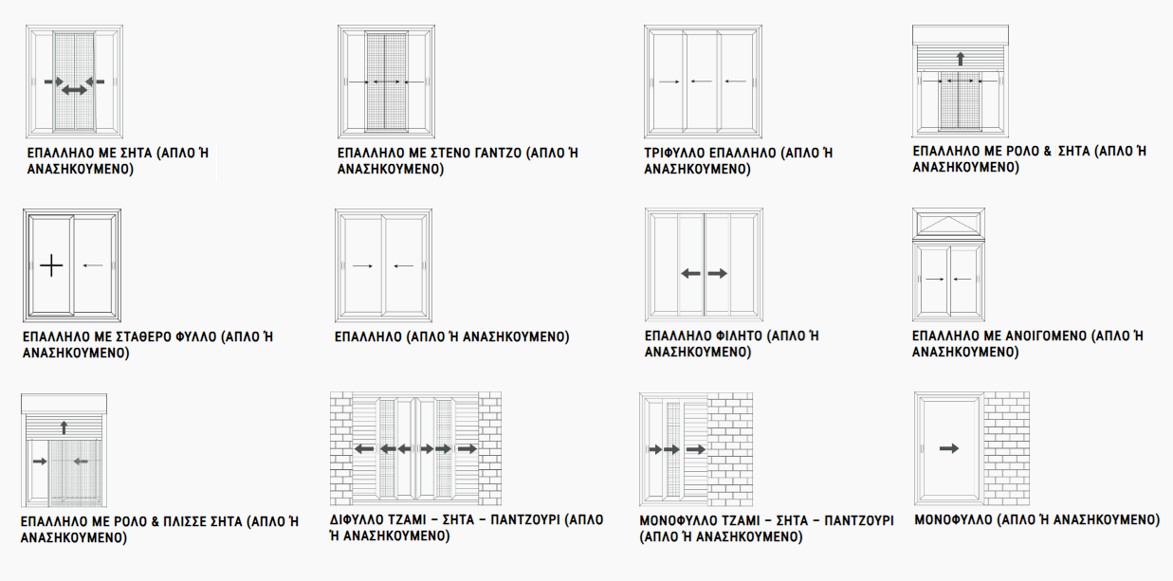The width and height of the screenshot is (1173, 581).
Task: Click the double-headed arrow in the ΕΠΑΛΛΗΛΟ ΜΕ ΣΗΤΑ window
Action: point(74,91)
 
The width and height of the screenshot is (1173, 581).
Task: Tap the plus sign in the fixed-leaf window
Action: point(51,266)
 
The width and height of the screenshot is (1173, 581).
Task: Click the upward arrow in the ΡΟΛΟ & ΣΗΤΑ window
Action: point(960,59)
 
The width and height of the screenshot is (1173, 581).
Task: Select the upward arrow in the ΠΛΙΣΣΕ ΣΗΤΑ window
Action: point(64,427)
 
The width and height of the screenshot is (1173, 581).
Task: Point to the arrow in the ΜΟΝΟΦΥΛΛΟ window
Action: point(949,448)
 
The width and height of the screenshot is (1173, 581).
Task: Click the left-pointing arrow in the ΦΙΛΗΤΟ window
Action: point(690,273)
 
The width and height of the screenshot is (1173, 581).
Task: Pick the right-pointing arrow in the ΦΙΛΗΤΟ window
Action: point(718,273)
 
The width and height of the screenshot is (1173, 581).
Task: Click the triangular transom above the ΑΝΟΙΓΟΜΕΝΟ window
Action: point(948,225)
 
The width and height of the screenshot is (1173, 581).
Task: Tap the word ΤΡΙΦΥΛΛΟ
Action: point(674,153)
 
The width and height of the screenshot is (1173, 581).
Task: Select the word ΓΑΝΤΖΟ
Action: point(498,153)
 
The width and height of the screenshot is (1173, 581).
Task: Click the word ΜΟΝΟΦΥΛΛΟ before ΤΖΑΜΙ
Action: point(678,520)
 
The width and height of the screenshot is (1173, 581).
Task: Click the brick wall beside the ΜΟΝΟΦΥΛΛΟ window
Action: point(1006,448)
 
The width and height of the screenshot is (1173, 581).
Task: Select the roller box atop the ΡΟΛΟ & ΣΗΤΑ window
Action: point(961,35)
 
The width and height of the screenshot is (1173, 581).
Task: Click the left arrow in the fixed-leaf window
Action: point(93,265)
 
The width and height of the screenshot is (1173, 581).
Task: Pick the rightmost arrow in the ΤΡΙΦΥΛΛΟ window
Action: point(735,82)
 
